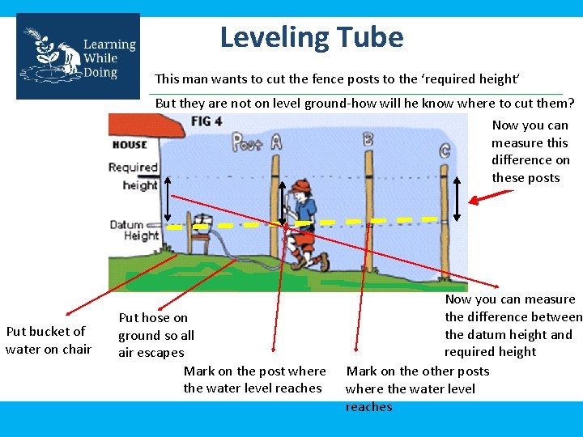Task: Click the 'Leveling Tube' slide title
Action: pos(311,37)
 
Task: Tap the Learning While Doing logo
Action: pos(78,57)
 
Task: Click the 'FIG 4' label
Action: pos(206,121)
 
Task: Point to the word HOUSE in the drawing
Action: pos(130,145)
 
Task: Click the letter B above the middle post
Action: pos(368,139)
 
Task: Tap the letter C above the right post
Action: pos(445,150)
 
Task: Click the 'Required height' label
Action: pos(134,176)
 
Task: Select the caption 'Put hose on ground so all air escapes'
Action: pos(156,335)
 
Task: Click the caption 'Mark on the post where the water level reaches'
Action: pos(254,380)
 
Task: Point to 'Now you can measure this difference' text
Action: pos(530,151)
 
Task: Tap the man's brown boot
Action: pos(323,261)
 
